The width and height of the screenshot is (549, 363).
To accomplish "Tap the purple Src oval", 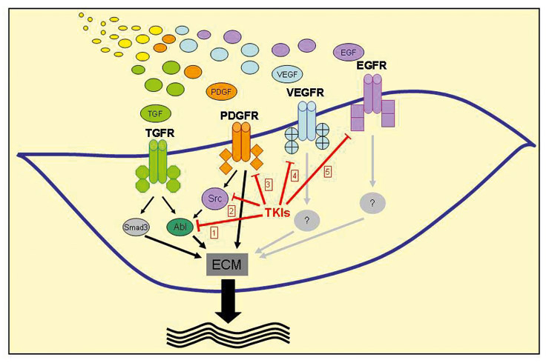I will (x=214, y=199).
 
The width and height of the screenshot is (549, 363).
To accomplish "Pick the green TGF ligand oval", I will (x=155, y=113).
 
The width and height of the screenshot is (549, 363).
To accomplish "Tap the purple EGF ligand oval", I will (x=346, y=53).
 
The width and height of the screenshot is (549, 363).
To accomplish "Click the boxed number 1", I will (x=214, y=233).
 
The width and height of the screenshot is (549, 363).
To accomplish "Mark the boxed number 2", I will (x=231, y=212).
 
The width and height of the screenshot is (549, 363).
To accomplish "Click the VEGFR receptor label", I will (x=306, y=93).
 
